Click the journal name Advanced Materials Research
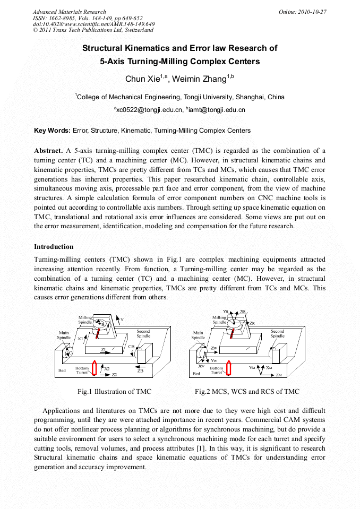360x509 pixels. coord(69,12)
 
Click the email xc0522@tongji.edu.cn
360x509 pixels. coord(148,110)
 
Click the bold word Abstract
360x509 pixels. coord(49,150)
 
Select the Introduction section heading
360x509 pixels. coord(54,247)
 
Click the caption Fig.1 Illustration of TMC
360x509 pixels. coord(114,392)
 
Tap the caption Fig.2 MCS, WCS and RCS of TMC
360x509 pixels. coord(247,392)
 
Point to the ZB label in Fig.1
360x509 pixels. coord(140,371)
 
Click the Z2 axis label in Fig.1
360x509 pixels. coord(114,375)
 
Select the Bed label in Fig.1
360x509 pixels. coord(62,370)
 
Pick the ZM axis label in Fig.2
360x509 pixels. coord(279,375)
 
